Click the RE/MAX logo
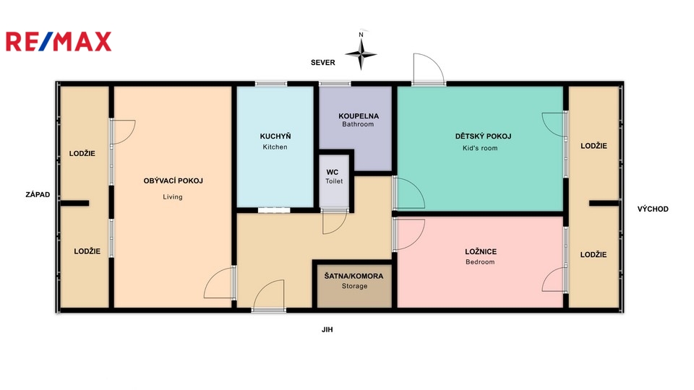pos(59,42)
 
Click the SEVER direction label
pos(322,63)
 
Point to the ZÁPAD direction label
pos(38,194)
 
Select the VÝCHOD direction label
pos(653,209)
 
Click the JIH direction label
pos(327,329)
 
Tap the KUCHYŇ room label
pos(275,136)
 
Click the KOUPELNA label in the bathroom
pos(359,116)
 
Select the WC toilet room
pos(335,181)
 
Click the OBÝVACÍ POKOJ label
pos(173,181)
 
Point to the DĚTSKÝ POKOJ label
pos(483,136)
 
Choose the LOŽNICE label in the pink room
pos(481,251)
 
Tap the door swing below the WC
pos(335,222)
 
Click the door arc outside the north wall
pos(428,69)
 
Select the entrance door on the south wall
pos(268,295)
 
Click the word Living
pos(173,197)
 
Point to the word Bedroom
pos(480,262)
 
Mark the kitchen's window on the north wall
pos(271,84)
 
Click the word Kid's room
pos(480,149)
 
